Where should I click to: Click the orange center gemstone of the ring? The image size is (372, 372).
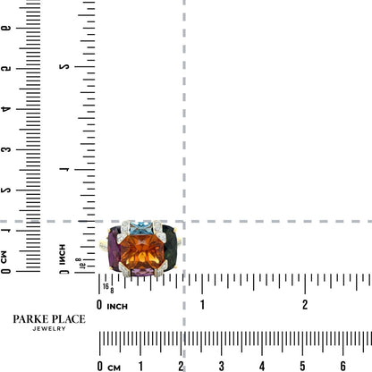pos(142,252)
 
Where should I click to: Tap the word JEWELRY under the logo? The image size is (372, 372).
pos(49,329)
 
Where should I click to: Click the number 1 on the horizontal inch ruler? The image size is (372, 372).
pos(202,305)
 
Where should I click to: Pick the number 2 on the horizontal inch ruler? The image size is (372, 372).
pos(305,305)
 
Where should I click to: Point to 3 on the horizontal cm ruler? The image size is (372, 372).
pos(222,366)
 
